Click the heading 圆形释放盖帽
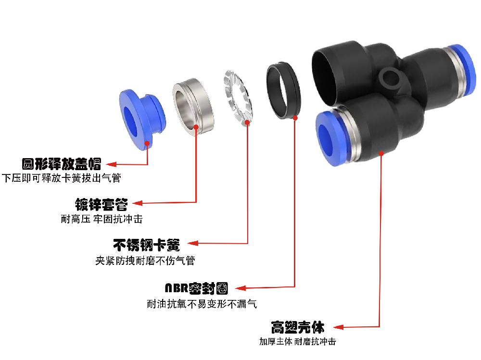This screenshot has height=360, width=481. point(62,164)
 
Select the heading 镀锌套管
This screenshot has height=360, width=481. point(101,204)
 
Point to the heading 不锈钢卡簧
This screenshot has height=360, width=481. point(147,245)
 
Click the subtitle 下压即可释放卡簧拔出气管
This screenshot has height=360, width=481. point(61,178)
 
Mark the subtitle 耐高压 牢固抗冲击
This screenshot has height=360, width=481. point(101,219)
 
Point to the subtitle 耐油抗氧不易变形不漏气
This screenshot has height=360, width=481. point(202,304)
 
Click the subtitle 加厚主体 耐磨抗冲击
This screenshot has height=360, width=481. point(297,342)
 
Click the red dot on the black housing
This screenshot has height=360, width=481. point(381,153)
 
